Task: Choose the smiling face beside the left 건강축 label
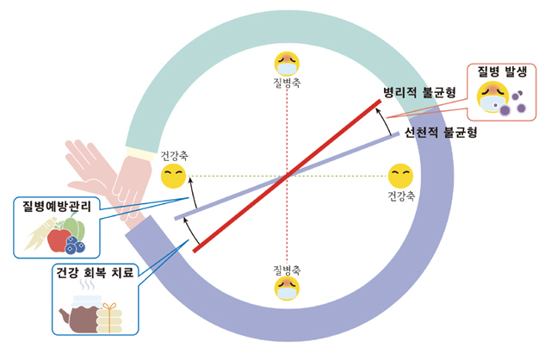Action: pos(173,177)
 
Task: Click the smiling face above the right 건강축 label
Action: pos(399,176)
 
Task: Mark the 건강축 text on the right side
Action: pos(401,196)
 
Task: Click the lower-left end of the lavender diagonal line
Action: pos(177,218)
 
